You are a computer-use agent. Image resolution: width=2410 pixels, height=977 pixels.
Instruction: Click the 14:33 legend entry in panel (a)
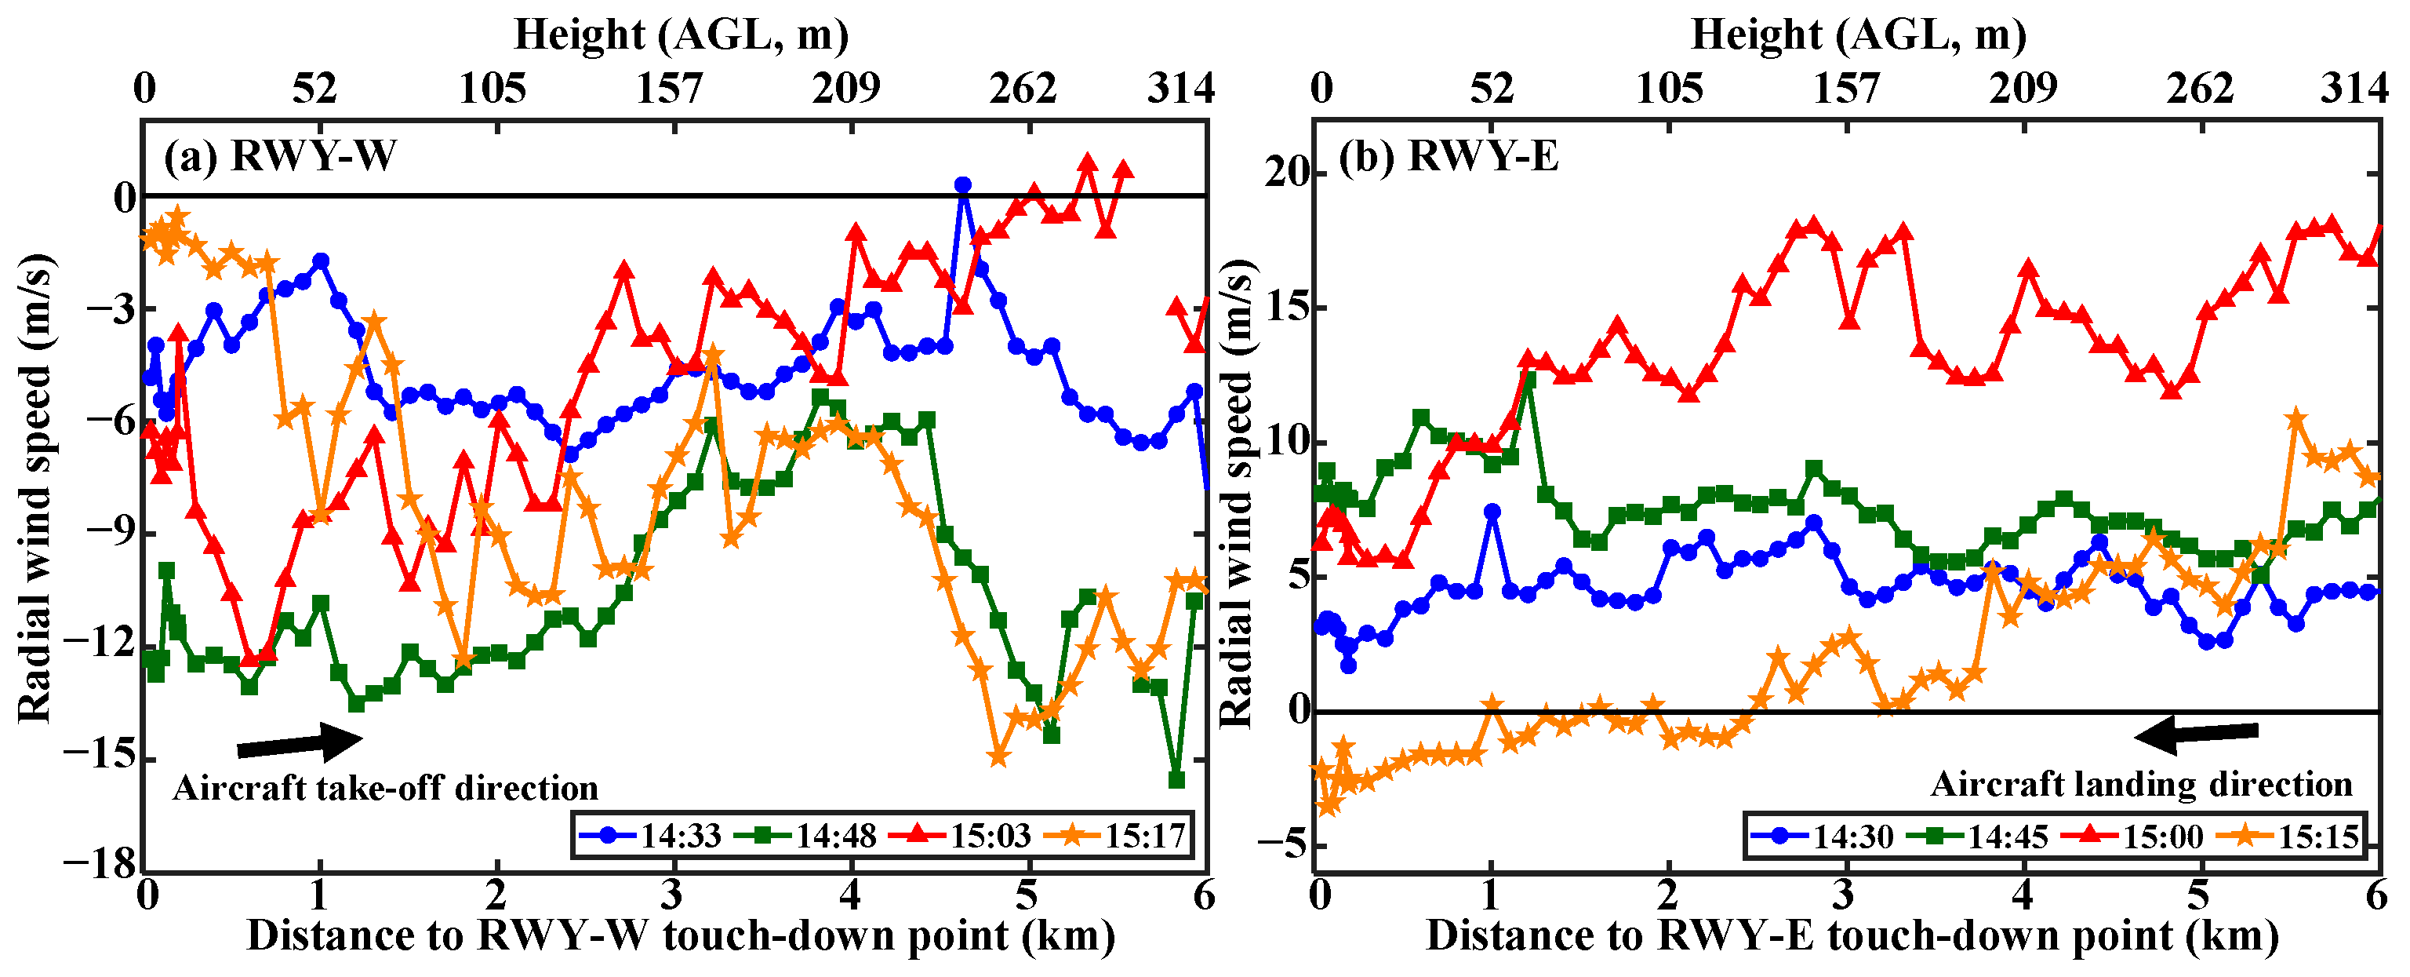651,835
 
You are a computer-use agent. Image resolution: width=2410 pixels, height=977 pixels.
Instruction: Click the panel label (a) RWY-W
280,155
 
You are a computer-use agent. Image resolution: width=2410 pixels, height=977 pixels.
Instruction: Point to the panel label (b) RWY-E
1449,155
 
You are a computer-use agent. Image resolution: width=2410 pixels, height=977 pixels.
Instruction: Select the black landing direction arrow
2196,735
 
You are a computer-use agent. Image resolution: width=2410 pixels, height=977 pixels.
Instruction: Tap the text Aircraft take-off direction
385,788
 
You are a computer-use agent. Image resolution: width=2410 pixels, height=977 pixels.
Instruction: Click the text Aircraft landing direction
2140,784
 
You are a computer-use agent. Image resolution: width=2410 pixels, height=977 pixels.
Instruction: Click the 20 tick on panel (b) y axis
1284,173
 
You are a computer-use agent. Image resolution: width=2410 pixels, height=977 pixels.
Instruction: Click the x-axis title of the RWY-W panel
680,937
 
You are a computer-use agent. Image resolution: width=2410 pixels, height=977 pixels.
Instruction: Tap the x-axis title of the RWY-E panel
1852,937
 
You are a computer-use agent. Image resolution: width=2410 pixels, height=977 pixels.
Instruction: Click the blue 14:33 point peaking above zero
961,185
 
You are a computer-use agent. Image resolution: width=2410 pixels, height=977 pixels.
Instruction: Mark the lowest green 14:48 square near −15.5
1177,779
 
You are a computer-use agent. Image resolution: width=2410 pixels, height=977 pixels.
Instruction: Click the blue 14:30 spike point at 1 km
1492,512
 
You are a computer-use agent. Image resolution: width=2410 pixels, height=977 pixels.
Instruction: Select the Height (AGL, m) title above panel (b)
1858,35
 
